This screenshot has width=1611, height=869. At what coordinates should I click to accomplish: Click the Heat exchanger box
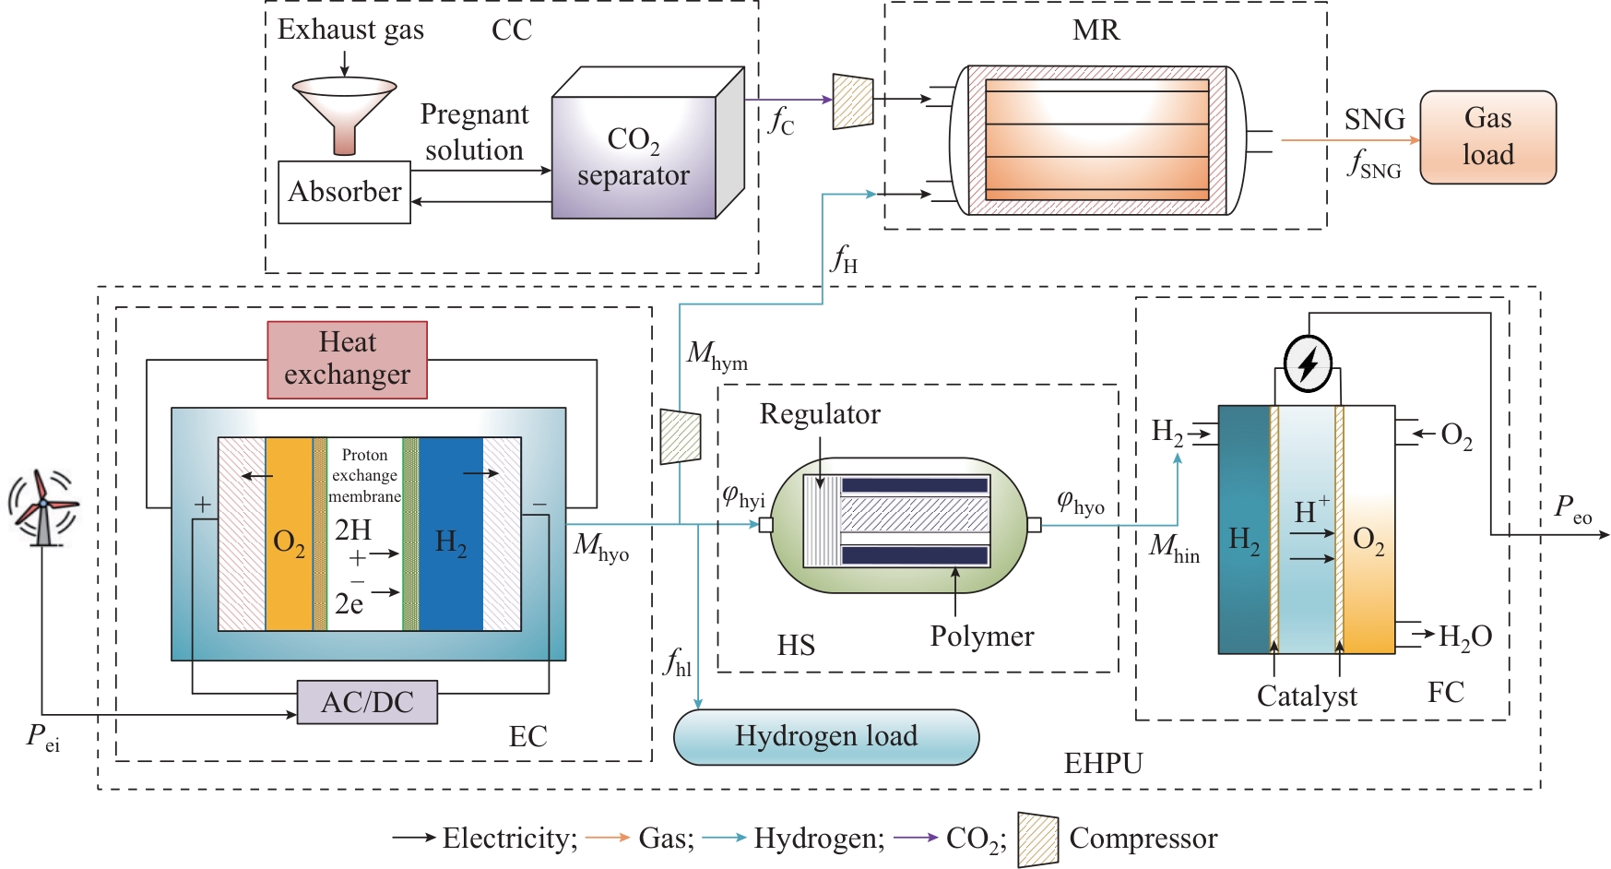click(x=347, y=359)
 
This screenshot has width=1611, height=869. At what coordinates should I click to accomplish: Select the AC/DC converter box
click(x=367, y=702)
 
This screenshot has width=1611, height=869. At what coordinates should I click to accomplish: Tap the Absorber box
click(x=344, y=192)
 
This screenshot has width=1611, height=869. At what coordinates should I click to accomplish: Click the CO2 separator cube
click(x=634, y=157)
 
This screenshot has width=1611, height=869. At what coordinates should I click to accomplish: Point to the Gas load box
click(x=1487, y=137)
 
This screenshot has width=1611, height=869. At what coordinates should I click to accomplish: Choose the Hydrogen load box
click(x=826, y=736)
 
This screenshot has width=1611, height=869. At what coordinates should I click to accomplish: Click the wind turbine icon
click(x=42, y=506)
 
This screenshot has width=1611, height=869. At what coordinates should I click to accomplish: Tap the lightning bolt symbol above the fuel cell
click(x=1308, y=363)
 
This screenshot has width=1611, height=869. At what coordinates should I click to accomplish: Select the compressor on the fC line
click(x=853, y=101)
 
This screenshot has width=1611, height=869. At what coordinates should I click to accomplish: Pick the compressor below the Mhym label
click(x=681, y=435)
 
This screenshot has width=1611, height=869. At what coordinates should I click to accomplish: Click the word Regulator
click(x=820, y=414)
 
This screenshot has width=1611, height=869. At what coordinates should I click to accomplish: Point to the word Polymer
click(x=982, y=637)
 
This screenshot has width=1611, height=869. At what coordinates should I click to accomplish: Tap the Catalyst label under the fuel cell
click(x=1307, y=696)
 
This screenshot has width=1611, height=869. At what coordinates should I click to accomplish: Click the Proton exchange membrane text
click(x=365, y=475)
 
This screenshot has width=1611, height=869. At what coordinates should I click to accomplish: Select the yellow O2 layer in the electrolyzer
click(x=289, y=535)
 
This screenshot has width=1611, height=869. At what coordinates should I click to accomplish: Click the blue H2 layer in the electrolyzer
click(x=451, y=535)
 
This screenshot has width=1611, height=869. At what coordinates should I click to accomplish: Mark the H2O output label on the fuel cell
click(x=1465, y=636)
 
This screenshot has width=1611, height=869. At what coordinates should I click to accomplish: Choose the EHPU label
click(x=1103, y=764)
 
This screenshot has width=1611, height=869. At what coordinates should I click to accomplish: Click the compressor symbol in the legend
click(x=1037, y=839)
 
